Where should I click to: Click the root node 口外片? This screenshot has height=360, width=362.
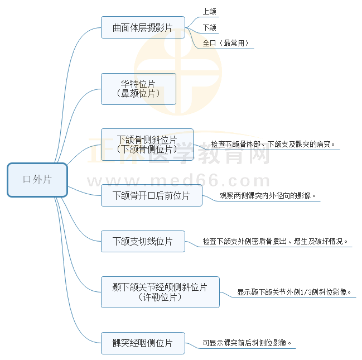click(x=37, y=180)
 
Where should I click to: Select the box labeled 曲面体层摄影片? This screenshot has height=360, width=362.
click(x=143, y=27)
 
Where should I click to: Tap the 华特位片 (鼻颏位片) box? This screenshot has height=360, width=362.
click(x=138, y=89)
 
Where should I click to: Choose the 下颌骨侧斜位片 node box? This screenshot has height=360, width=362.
click(x=147, y=144)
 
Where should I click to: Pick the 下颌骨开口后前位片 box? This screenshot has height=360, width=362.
click(x=151, y=195)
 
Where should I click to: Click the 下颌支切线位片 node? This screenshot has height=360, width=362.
click(x=143, y=241)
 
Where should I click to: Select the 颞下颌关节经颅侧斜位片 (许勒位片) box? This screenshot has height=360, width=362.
click(x=160, y=291)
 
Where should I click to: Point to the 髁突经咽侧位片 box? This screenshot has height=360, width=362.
click(x=143, y=343)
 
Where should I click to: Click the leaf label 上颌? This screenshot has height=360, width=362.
click(x=210, y=11)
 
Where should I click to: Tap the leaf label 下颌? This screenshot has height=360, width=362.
click(x=210, y=27)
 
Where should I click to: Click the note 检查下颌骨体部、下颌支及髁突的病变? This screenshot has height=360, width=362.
click(x=273, y=144)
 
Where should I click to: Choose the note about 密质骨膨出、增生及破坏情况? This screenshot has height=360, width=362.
click(x=276, y=242)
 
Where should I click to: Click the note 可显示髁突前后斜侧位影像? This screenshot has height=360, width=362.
click(x=247, y=343)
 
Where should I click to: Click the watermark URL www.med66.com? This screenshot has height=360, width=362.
click(x=178, y=181)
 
